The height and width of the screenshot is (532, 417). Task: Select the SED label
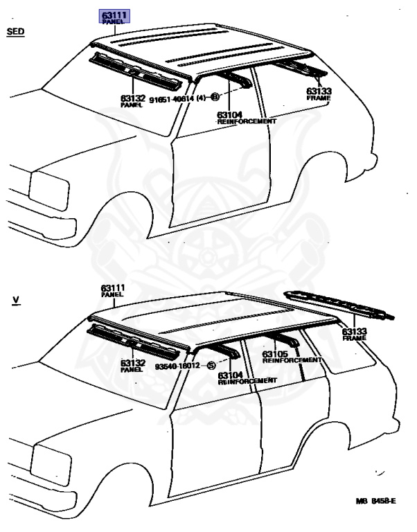(x=15, y=32)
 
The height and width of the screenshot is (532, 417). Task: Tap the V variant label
(x=15, y=301)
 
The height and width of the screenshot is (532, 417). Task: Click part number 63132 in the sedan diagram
(x=132, y=99)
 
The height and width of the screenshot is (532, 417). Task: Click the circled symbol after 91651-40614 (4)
(x=215, y=98)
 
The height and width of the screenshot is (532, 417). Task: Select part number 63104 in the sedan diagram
(x=229, y=114)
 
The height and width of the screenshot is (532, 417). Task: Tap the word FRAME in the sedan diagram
(x=319, y=98)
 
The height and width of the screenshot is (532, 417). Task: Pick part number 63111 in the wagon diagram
(x=112, y=287)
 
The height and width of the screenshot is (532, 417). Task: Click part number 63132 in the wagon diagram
(x=132, y=363)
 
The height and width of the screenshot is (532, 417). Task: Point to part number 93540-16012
(x=177, y=366)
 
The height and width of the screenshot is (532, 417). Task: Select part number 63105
(x=275, y=354)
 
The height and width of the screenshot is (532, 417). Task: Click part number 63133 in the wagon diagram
(x=355, y=332)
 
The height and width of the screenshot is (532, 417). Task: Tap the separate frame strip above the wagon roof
(x=339, y=305)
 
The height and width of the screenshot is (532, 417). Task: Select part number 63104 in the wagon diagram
(x=230, y=375)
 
